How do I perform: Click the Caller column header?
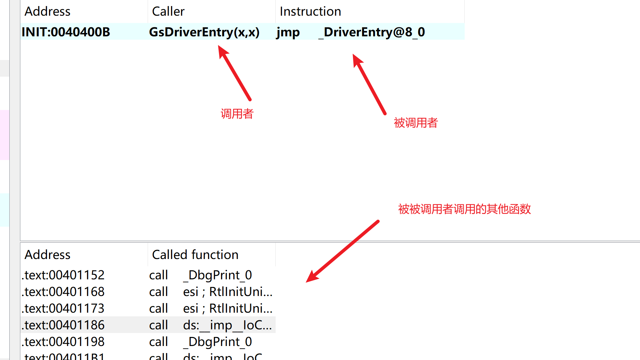(168, 12)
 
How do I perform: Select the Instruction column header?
(310, 12)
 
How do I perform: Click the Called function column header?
(195, 255)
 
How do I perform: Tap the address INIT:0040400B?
(66, 32)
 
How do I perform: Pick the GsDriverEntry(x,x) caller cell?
(204, 32)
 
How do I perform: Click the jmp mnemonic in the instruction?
(288, 32)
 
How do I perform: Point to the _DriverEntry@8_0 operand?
(371, 32)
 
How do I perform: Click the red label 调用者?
(237, 114)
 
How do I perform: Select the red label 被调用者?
(415, 123)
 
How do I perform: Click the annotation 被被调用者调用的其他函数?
(464, 209)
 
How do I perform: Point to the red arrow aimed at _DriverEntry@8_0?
(369, 84)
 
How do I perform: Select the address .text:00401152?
(63, 275)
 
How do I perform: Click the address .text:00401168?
(63, 292)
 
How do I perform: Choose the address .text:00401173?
(63, 309)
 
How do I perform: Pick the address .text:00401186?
(63, 325)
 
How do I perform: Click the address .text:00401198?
(63, 342)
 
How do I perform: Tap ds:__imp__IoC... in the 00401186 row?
(227, 325)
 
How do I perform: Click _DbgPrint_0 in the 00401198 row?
(217, 342)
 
